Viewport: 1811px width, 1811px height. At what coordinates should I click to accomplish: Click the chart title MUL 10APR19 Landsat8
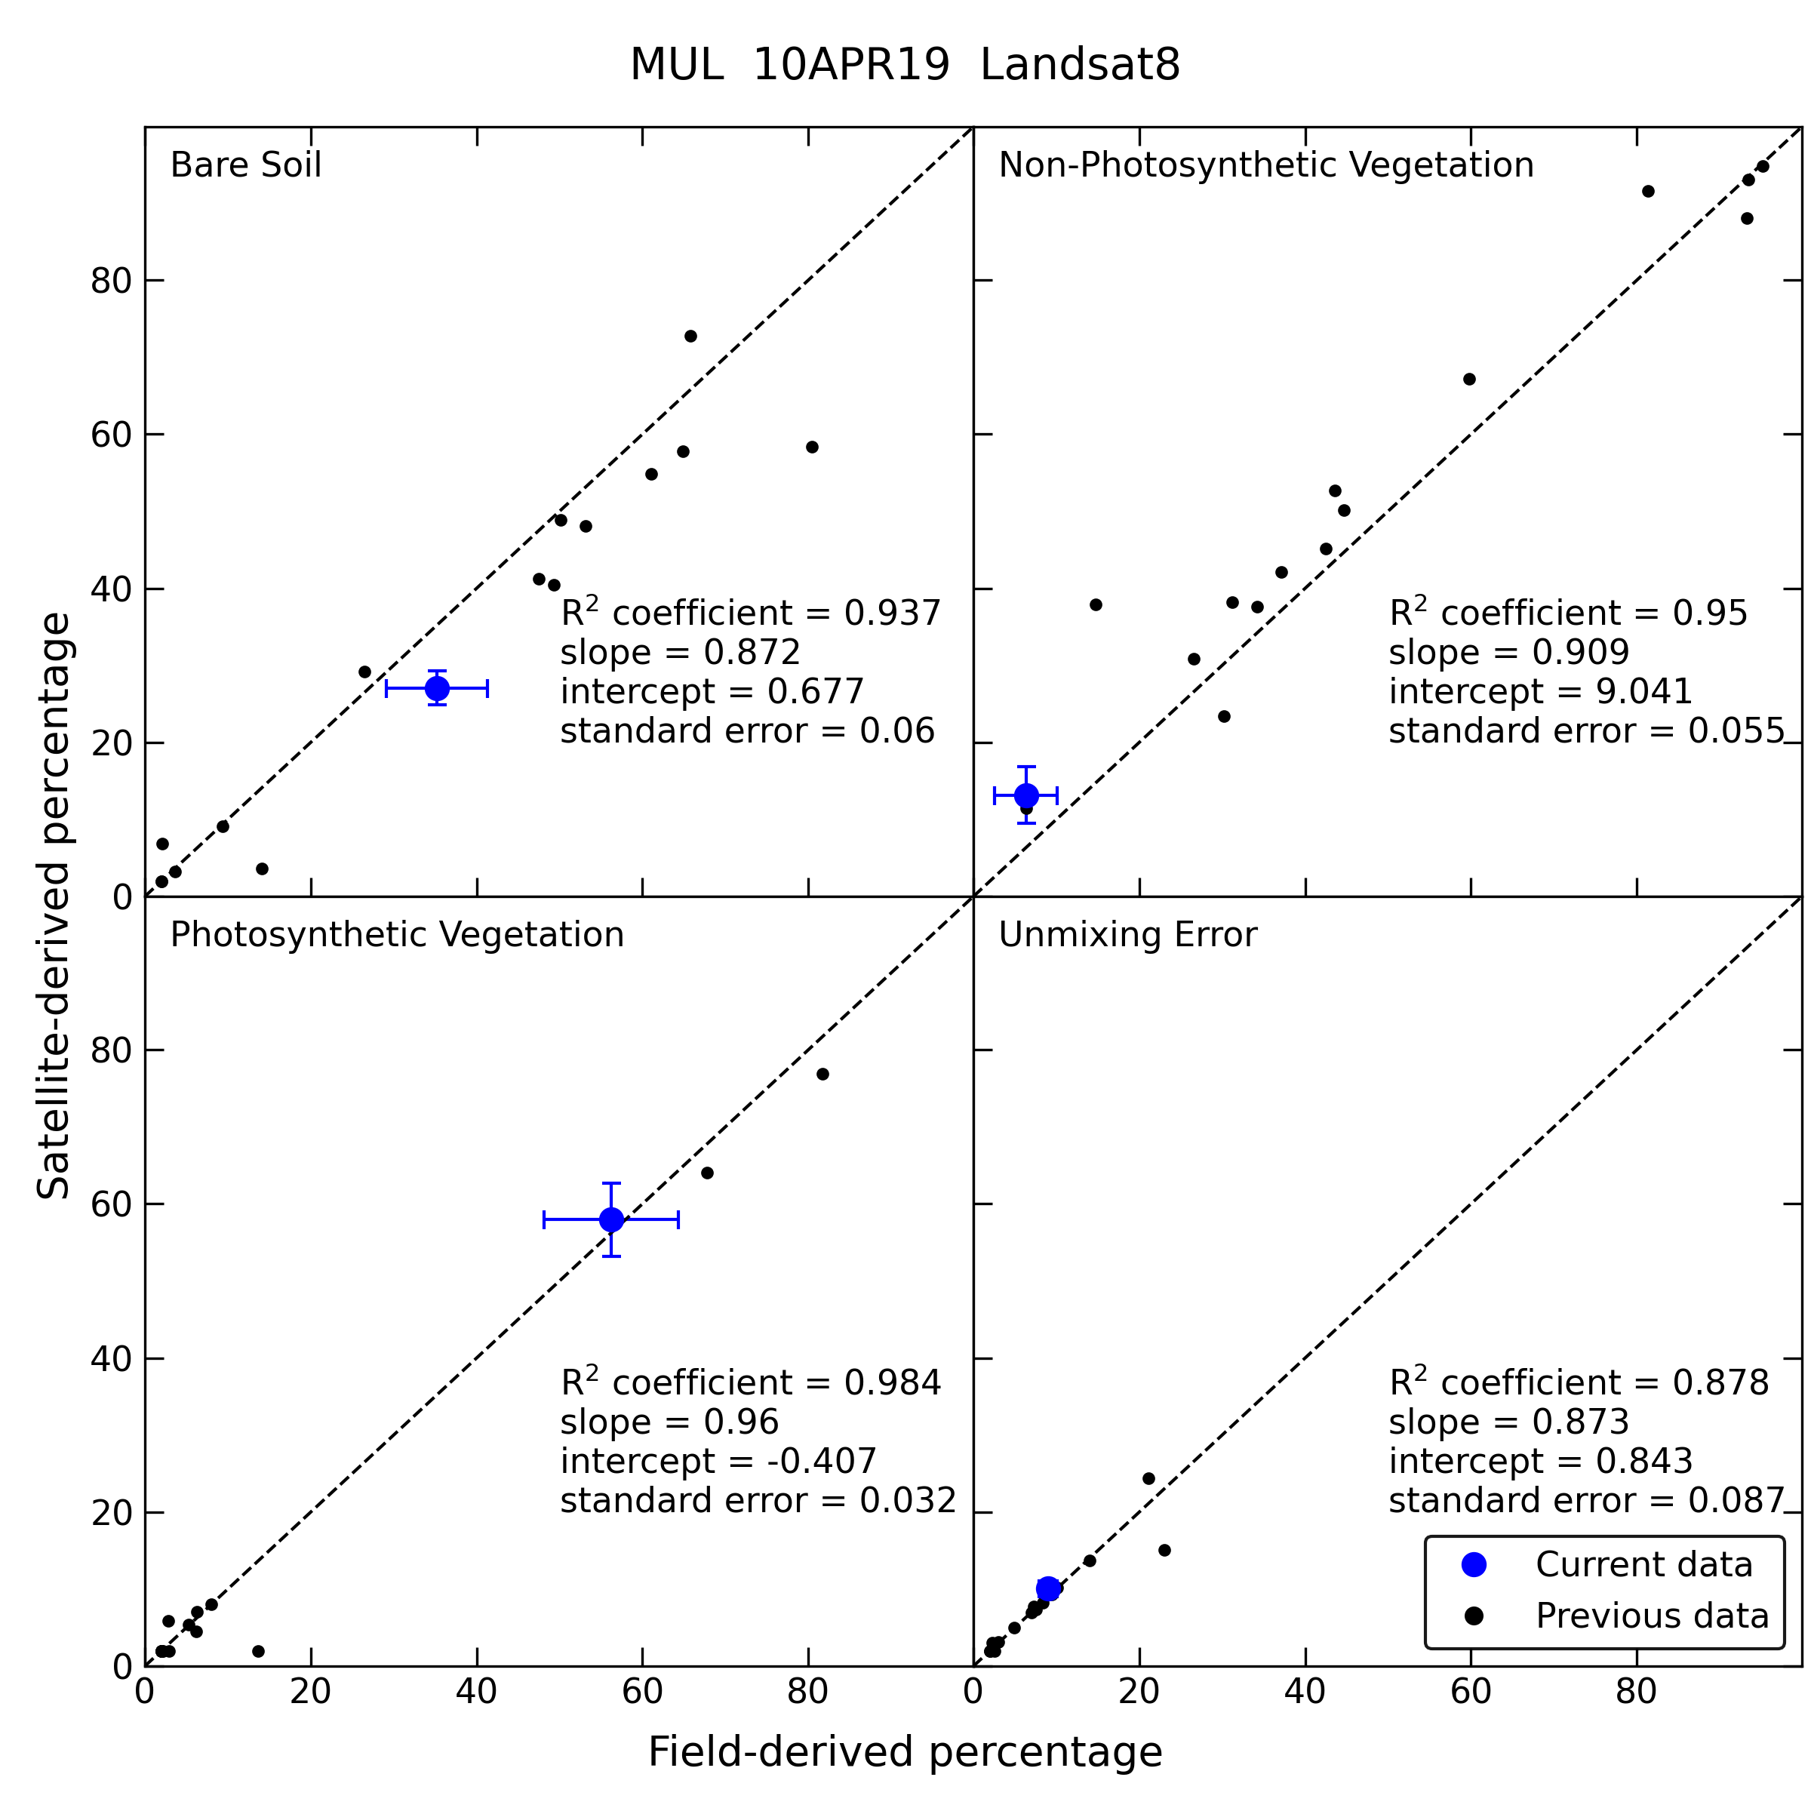pyautogui.click(x=905, y=66)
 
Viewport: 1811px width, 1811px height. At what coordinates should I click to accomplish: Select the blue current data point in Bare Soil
pyautogui.click(x=437, y=688)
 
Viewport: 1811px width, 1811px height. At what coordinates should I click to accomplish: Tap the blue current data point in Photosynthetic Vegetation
pyautogui.click(x=611, y=1219)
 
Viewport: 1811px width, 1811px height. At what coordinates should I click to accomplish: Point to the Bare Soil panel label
pyautogui.click(x=245, y=165)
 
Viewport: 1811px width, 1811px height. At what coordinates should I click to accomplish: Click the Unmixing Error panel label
pyautogui.click(x=1127, y=935)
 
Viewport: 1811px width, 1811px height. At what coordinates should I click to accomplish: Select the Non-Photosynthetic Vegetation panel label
pyautogui.click(x=1266, y=165)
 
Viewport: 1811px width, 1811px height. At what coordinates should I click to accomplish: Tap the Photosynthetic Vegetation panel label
pyautogui.click(x=396, y=935)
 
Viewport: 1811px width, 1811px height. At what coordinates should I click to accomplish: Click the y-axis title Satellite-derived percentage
pyautogui.click(x=54, y=906)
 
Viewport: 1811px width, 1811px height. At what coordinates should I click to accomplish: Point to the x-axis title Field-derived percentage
pyautogui.click(x=905, y=1752)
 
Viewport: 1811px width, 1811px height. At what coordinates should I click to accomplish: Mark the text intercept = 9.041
pyautogui.click(x=1541, y=692)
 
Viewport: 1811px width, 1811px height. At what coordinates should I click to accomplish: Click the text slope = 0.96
pyautogui.click(x=669, y=1422)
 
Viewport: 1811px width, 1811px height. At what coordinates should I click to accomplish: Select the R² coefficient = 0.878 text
pyautogui.click(x=1579, y=1382)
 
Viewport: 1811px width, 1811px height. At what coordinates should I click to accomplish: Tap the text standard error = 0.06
pyautogui.click(x=747, y=731)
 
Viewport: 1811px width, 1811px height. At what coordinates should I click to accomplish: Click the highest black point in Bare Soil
pyautogui.click(x=691, y=337)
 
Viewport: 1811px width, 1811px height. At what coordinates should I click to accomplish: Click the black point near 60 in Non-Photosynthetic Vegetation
pyautogui.click(x=1470, y=380)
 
